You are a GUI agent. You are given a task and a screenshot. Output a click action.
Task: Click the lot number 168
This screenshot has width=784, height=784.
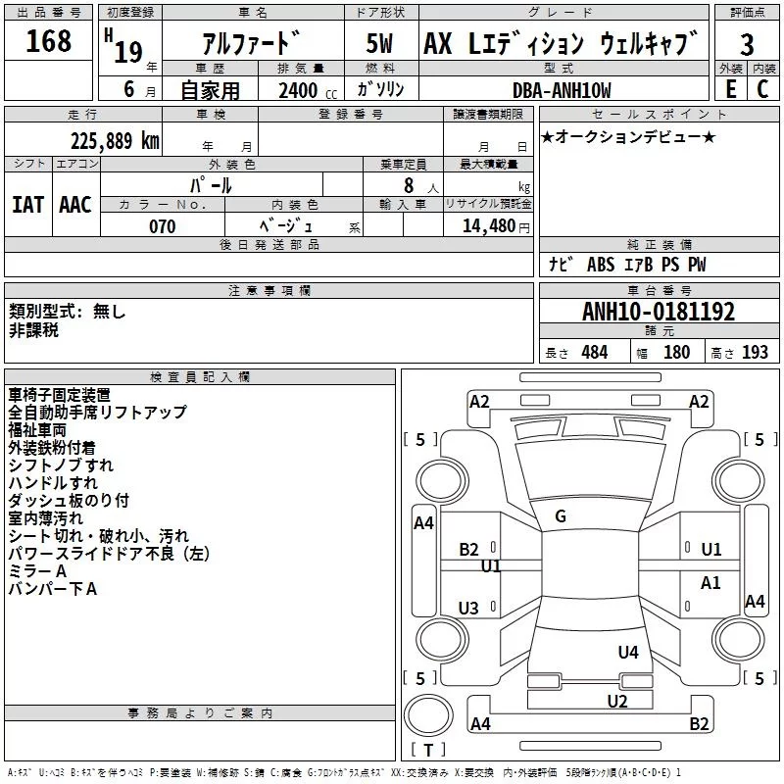tap(48, 41)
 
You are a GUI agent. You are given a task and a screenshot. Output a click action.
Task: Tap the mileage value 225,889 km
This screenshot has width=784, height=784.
tap(115, 141)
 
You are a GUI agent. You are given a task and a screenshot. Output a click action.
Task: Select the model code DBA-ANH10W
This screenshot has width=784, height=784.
tap(562, 90)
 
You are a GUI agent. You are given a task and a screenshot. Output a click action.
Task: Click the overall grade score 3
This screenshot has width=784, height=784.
tap(747, 45)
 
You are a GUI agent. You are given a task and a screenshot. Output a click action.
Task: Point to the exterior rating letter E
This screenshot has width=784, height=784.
tap(731, 89)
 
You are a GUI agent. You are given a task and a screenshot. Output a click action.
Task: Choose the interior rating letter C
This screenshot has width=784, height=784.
tap(762, 89)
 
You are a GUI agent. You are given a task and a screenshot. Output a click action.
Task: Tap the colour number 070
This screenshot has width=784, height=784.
tap(163, 226)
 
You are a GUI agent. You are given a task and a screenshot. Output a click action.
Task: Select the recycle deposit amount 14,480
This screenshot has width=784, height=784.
tap(488, 226)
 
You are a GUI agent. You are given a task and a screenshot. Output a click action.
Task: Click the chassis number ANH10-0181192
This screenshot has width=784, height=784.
tap(659, 312)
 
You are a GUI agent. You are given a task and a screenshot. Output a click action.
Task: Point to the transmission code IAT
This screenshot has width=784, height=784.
tap(27, 205)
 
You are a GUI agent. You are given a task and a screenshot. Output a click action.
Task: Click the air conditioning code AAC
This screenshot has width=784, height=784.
tap(75, 205)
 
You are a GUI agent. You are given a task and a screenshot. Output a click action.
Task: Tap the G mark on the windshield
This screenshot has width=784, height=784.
tap(561, 516)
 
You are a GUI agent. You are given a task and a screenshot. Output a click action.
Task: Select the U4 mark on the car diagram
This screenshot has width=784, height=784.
tap(628, 652)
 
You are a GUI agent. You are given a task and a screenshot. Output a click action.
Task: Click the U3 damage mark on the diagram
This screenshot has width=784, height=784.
tap(468, 608)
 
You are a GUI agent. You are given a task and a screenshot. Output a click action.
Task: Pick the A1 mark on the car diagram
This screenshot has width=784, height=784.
tap(710, 582)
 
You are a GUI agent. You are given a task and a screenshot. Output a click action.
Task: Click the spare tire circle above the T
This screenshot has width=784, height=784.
tap(428, 715)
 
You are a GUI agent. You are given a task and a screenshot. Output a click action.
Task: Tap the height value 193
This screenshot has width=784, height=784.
tap(755, 353)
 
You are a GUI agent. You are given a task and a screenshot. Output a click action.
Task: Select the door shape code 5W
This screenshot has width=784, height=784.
tap(379, 43)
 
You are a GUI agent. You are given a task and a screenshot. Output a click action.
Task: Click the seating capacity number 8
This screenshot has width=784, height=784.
tap(409, 185)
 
